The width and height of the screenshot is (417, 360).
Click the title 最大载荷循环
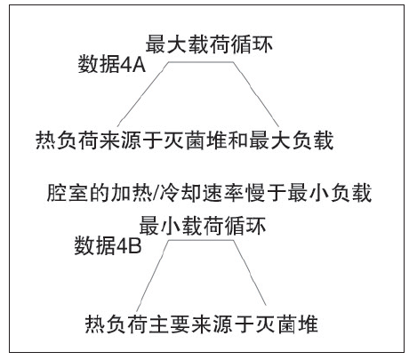click(x=209, y=44)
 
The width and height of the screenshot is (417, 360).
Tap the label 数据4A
click(x=111, y=64)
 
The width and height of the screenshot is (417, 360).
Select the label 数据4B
click(x=108, y=245)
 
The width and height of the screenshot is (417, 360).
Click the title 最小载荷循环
click(x=202, y=226)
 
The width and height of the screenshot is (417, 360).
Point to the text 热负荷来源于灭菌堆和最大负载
click(x=185, y=140)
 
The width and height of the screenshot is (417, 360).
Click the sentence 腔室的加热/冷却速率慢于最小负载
click(x=209, y=193)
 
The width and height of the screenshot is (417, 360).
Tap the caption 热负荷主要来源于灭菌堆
click(x=202, y=324)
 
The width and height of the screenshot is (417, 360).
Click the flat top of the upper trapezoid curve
click(x=201, y=62)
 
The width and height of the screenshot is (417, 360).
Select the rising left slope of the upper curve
click(x=143, y=94)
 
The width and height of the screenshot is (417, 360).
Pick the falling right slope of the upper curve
click(x=256, y=94)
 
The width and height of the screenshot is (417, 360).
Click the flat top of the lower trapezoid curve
click(x=201, y=240)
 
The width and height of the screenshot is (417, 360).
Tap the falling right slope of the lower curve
click(x=250, y=273)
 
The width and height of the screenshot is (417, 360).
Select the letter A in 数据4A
click(x=139, y=65)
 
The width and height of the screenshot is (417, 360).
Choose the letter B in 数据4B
click(x=135, y=246)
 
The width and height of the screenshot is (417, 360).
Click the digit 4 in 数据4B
click(x=123, y=246)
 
